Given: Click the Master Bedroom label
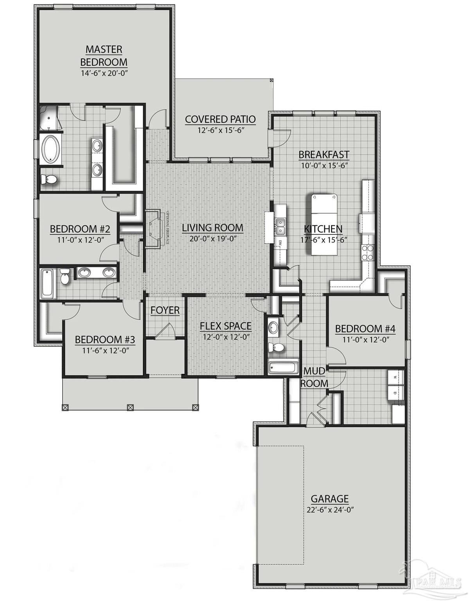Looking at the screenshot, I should click(104, 56).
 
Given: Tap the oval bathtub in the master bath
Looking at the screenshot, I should click(50, 148).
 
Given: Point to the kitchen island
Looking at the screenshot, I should click(324, 224).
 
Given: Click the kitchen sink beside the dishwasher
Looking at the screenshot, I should click(280, 226).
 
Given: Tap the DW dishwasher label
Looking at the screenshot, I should click(280, 243).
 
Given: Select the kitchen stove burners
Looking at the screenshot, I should click(368, 252).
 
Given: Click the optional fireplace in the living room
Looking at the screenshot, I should click(153, 229).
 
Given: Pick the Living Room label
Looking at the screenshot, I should click(212, 228).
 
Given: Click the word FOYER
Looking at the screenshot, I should click(165, 310).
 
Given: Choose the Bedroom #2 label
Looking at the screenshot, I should click(80, 229).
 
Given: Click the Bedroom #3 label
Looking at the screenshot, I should click(105, 339).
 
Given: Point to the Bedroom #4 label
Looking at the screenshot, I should click(365, 329).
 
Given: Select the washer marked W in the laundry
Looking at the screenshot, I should click(395, 377).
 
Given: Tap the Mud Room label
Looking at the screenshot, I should click(314, 377).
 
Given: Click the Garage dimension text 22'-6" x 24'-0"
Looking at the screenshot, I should click(330, 510).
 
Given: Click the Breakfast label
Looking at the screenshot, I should click(324, 155).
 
